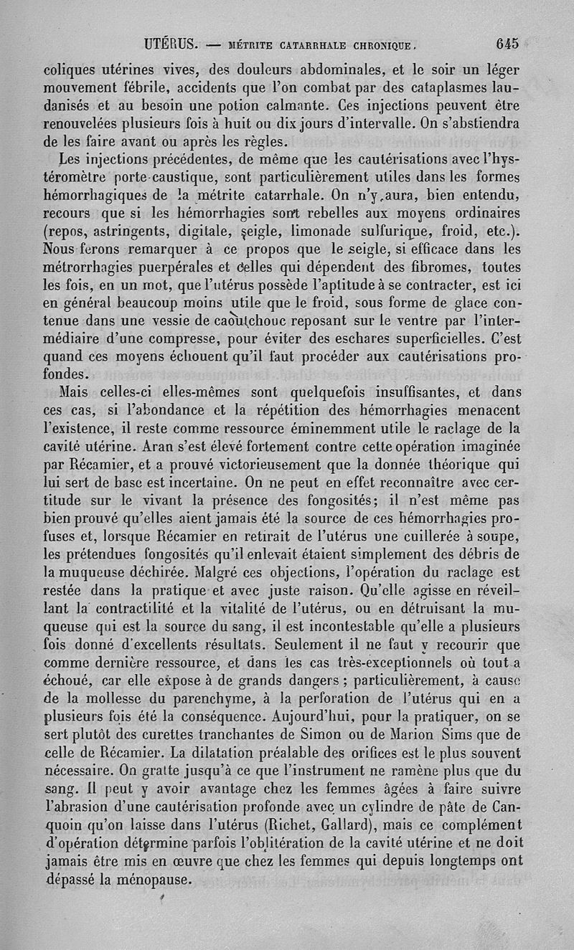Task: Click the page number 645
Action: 507,43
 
